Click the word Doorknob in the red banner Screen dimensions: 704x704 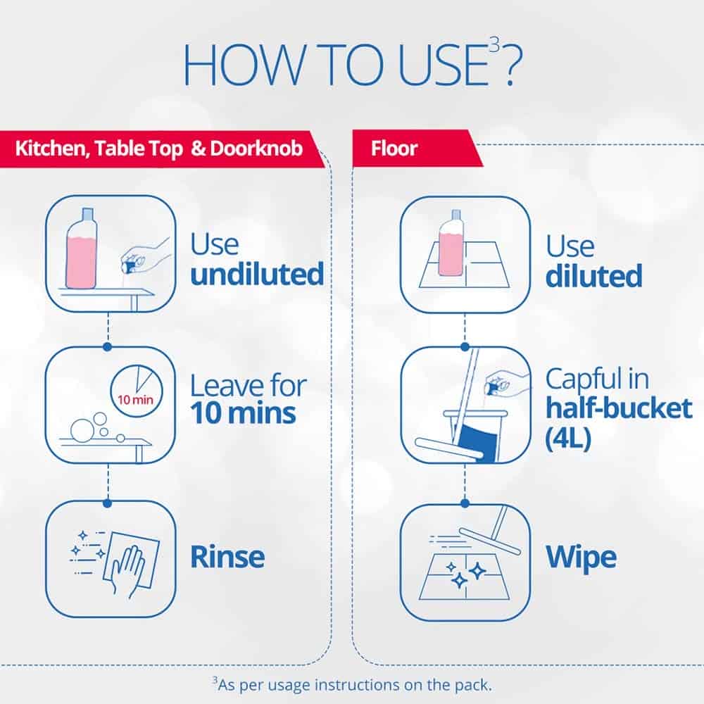coord(256,149)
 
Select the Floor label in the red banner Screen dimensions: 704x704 coord(394,149)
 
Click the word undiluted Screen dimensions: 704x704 coord(257,273)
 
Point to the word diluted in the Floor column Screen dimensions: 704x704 coord(594,275)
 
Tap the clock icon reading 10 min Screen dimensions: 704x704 coord(137,391)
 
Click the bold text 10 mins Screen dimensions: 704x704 coord(243,413)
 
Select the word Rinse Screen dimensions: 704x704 coord(227,557)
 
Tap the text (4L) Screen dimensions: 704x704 coord(568,438)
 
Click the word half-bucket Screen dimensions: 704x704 coord(619,408)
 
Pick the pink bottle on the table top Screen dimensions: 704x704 coord(81,249)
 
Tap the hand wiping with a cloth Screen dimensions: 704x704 coord(127,570)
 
